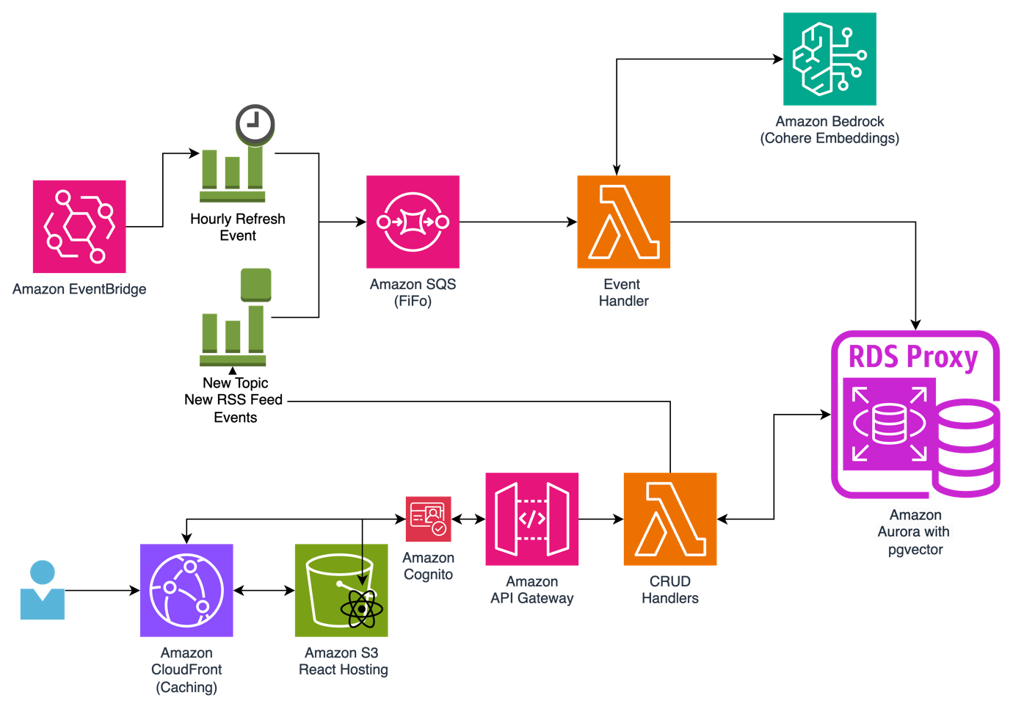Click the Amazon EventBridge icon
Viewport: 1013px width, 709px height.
click(79, 227)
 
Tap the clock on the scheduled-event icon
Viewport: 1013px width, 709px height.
click(255, 123)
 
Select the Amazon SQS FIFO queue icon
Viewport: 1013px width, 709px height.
click(413, 222)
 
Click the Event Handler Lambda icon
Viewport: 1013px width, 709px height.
click(623, 222)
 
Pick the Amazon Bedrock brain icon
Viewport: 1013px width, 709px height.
click(829, 59)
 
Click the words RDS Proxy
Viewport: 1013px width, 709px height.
click(913, 357)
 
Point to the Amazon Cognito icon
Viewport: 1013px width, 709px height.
click(428, 519)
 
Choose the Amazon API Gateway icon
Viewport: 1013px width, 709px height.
click(532, 519)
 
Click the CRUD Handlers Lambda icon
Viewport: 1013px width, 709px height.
click(669, 519)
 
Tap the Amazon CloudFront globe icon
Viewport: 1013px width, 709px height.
click(186, 590)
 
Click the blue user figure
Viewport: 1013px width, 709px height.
click(43, 591)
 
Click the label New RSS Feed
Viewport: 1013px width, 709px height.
click(233, 400)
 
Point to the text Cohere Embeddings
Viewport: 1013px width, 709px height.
click(829, 138)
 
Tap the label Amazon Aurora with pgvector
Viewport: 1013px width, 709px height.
click(915, 532)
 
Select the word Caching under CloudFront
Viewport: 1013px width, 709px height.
click(186, 687)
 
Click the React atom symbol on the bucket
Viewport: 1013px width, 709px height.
click(361, 608)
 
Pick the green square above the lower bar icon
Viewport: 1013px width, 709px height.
click(255, 284)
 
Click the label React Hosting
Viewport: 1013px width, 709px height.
click(344, 669)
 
